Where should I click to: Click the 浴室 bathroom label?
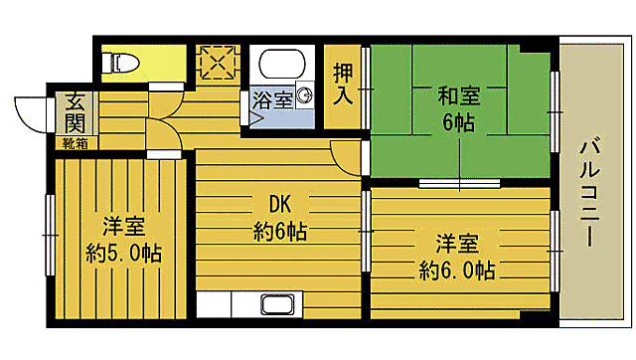point(272,99)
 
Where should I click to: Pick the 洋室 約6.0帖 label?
point(457,256)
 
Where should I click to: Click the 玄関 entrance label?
point(75,110)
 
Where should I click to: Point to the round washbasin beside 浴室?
point(305,96)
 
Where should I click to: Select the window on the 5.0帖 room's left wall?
point(49,234)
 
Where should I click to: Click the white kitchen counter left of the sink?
point(228,304)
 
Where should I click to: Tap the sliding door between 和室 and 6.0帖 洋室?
point(459,183)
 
